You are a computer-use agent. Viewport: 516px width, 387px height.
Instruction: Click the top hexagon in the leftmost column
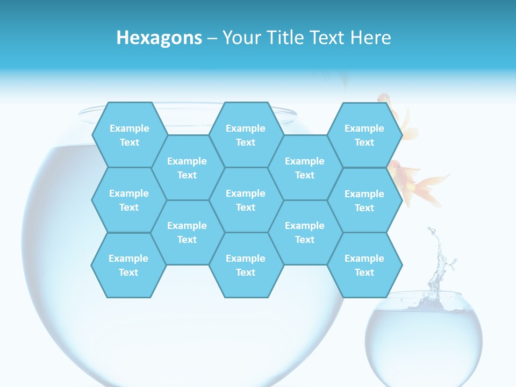click(129, 135)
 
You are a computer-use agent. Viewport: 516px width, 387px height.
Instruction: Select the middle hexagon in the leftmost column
click(129, 200)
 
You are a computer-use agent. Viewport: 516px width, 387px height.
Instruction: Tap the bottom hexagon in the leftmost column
click(128, 265)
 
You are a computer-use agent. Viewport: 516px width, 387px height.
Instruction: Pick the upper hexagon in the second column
click(187, 168)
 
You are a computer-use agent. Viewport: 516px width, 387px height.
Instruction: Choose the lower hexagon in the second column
click(187, 232)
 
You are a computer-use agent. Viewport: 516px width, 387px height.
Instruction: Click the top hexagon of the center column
click(246, 135)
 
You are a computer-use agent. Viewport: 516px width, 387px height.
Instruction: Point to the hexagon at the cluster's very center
click(246, 200)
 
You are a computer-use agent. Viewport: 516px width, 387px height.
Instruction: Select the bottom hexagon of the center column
click(246, 265)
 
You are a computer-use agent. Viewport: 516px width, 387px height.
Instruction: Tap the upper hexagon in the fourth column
click(305, 168)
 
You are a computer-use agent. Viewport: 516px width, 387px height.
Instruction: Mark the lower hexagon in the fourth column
click(305, 232)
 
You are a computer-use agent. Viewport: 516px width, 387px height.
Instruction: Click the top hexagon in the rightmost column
click(364, 135)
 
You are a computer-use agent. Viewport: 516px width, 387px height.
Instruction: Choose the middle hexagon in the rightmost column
click(364, 200)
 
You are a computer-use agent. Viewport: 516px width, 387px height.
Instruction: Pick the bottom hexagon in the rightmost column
click(364, 265)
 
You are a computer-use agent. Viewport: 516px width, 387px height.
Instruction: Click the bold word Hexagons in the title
click(159, 38)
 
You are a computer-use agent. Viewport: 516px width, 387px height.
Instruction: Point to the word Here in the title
click(370, 38)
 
